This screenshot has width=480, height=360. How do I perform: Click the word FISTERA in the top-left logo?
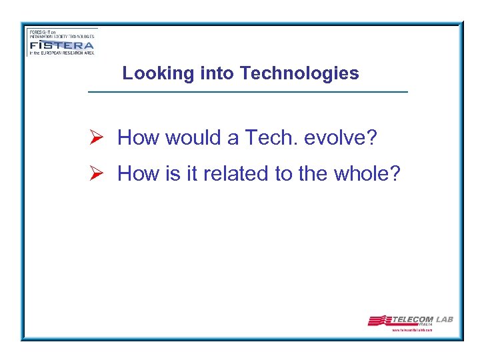point(61,46)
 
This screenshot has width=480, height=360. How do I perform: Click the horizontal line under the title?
point(247,91)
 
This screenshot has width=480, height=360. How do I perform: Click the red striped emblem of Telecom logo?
point(379,321)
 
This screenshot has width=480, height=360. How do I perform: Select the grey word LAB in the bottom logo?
point(444,319)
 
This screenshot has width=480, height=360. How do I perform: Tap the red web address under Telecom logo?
point(412,330)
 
